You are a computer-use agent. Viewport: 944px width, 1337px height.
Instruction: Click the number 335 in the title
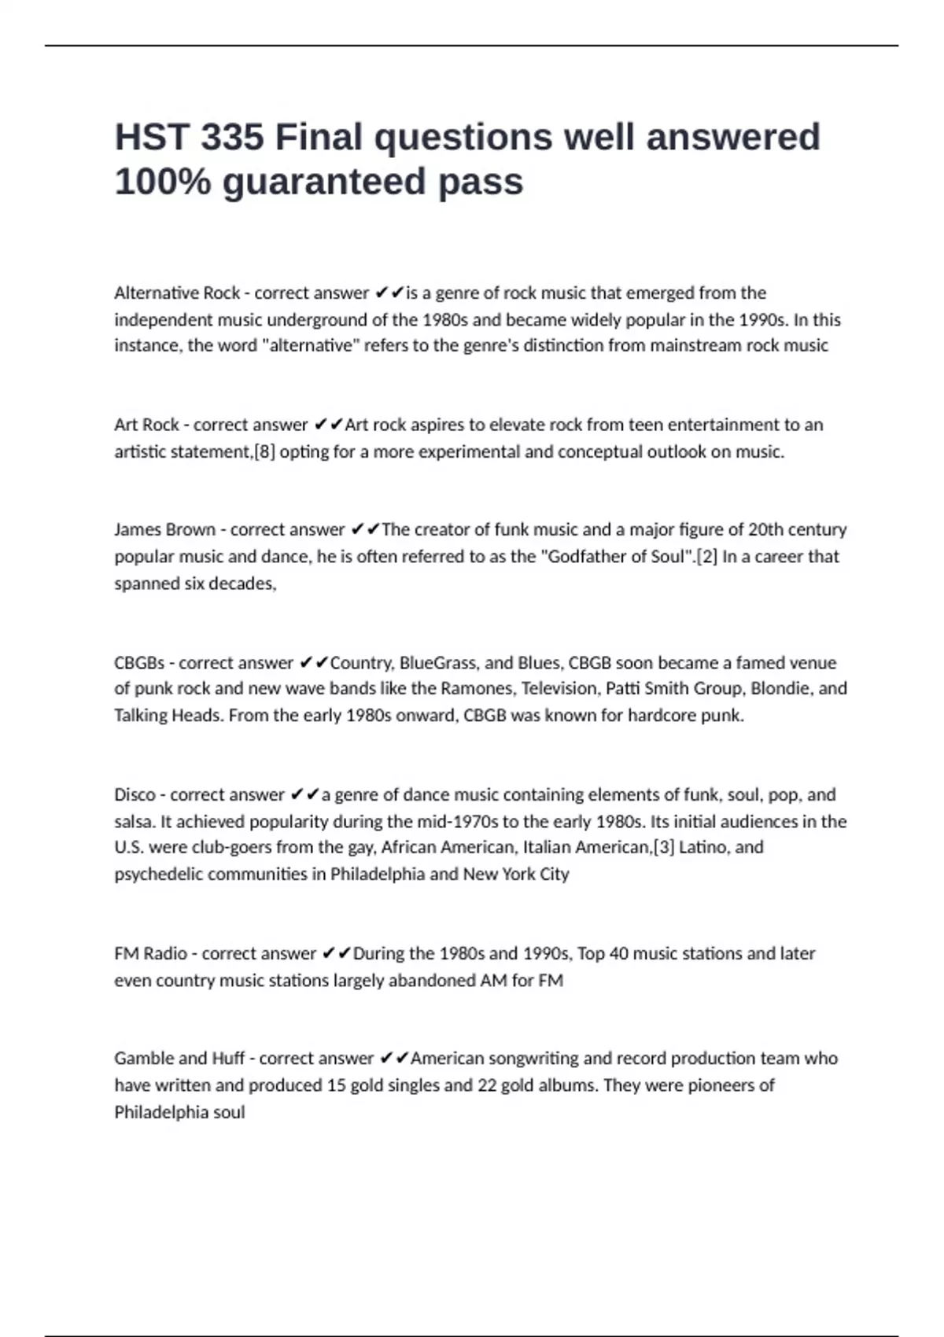[x=232, y=138]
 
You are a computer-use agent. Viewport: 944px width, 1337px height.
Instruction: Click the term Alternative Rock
[x=177, y=293]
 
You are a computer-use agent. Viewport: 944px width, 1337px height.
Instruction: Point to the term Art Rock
[x=146, y=425]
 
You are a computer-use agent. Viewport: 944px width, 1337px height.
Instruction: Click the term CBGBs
[x=139, y=663]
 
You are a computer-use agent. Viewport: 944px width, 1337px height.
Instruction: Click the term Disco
[x=135, y=795]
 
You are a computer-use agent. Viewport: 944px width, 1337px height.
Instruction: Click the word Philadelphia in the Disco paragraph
[x=377, y=875]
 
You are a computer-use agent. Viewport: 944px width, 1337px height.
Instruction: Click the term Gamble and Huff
[x=179, y=1059]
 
